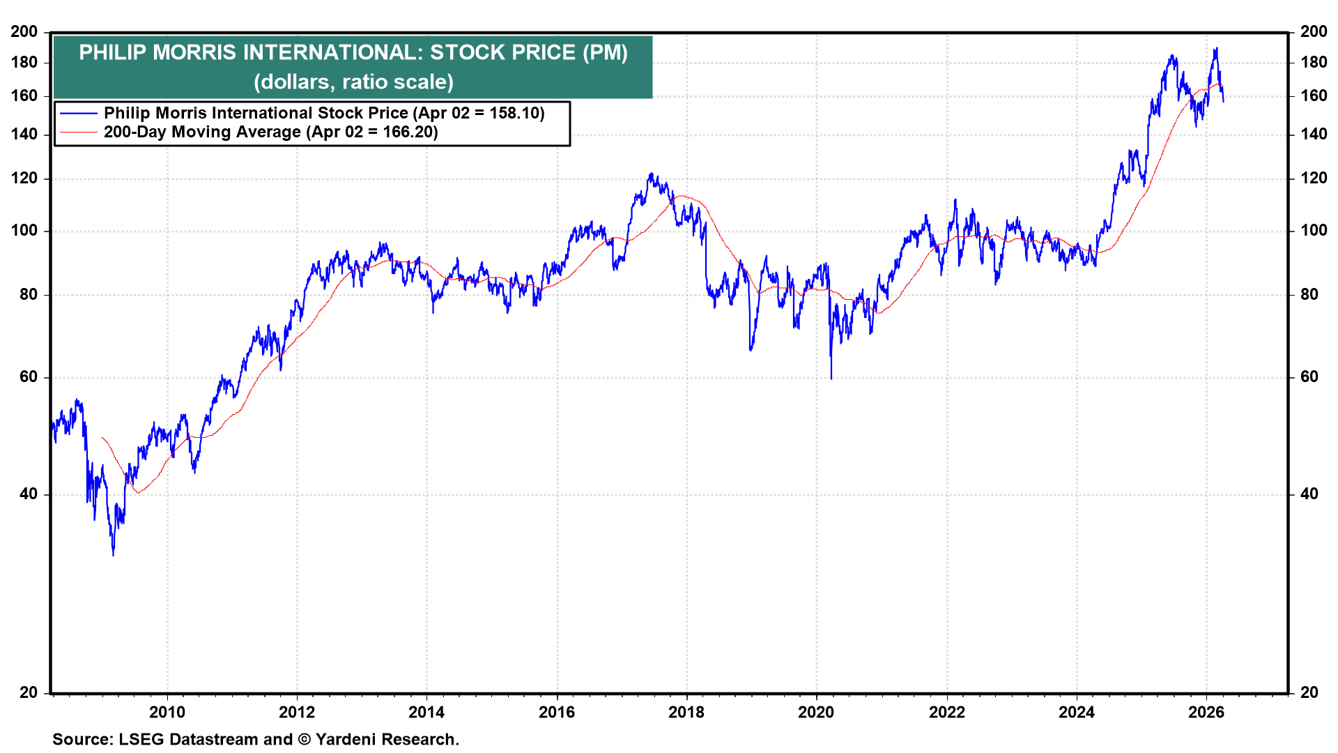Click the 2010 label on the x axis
(x=167, y=712)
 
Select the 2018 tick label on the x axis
(x=686, y=712)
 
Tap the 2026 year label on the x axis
(x=1206, y=712)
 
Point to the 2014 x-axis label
(x=426, y=712)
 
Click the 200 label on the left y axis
(x=24, y=31)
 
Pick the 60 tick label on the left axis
(x=29, y=377)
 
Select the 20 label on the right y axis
(x=1309, y=692)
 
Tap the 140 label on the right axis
(x=1314, y=134)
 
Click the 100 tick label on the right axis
(x=1314, y=231)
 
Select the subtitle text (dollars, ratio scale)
(x=353, y=82)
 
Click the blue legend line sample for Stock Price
(x=78, y=113)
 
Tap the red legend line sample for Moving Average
(x=78, y=132)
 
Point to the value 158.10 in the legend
(x=514, y=113)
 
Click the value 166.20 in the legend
(x=408, y=132)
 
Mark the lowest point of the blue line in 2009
(x=114, y=554)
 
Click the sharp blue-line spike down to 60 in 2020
(x=831, y=377)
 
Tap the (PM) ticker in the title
(x=605, y=53)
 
